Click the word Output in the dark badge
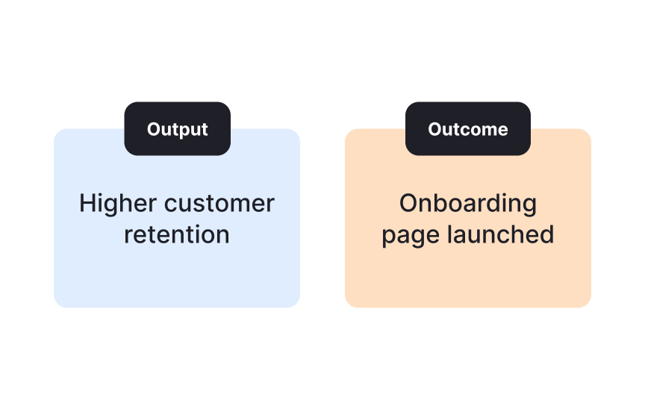point(177,129)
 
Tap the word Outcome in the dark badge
point(467,129)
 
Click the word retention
point(177,234)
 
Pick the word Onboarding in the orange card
point(467,203)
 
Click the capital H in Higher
point(87,203)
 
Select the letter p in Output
point(181,131)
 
